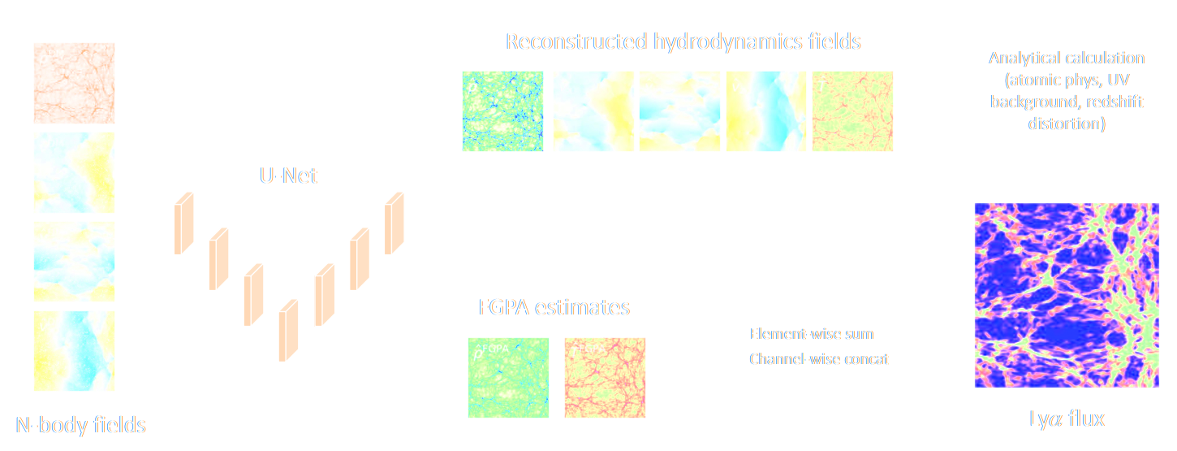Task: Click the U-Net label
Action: pyautogui.click(x=283, y=173)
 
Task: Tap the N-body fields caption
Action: pyautogui.click(x=81, y=424)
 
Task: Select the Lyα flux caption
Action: pyautogui.click(x=1066, y=418)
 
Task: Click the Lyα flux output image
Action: pyautogui.click(x=1066, y=296)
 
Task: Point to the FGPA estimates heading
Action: pyautogui.click(x=554, y=308)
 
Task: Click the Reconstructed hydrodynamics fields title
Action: pyautogui.click(x=683, y=41)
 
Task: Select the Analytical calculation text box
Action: pyautogui.click(x=1066, y=95)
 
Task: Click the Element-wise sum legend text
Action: pyautogui.click(x=812, y=334)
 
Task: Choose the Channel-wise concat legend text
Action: pyautogui.click(x=819, y=358)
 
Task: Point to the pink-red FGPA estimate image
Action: pyautogui.click(x=605, y=378)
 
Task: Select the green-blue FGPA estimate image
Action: pyautogui.click(x=509, y=378)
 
